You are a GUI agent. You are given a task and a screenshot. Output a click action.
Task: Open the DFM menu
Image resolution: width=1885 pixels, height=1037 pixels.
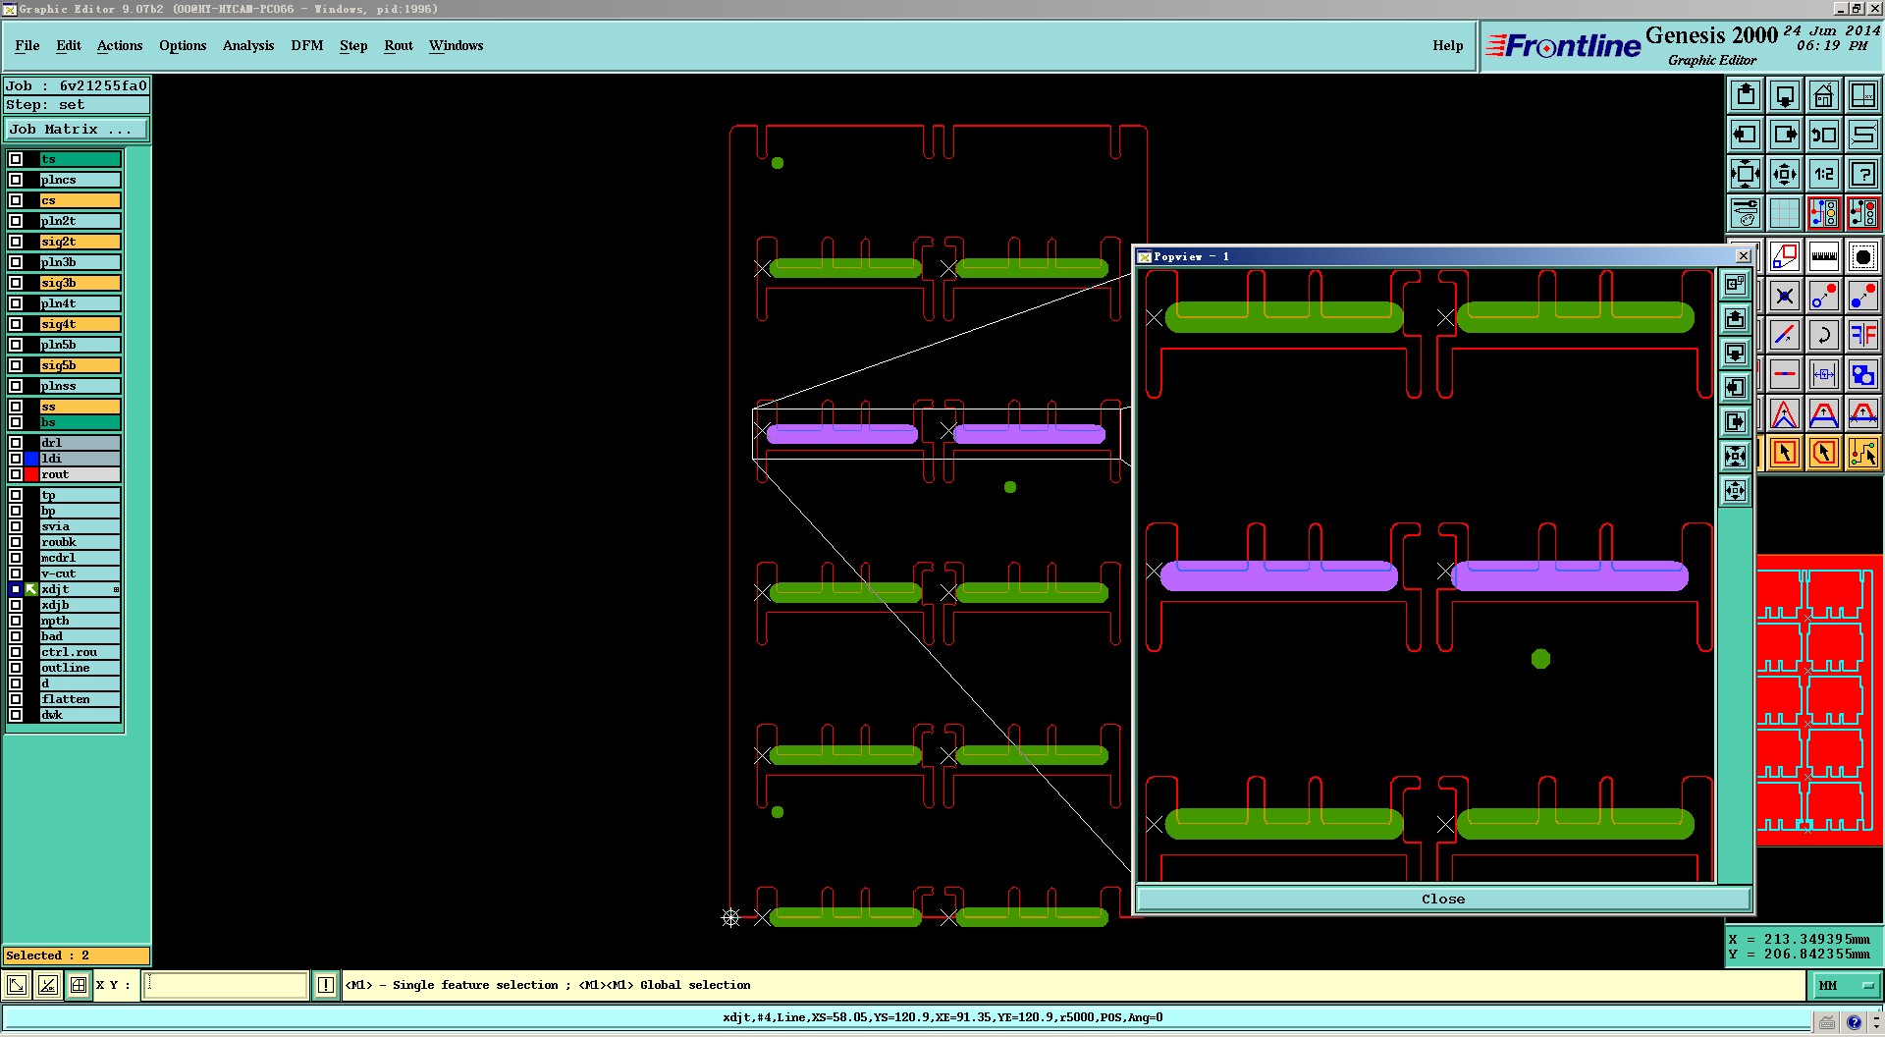pos(306,45)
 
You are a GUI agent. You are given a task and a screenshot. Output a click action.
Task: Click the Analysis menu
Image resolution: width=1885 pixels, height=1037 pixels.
pos(247,45)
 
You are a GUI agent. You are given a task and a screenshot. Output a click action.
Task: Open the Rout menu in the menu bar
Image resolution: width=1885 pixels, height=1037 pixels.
pos(398,45)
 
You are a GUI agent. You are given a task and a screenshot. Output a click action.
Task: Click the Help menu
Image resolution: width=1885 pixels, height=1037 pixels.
pos(1447,45)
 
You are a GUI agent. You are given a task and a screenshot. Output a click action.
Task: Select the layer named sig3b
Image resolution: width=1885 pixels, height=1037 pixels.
pos(80,283)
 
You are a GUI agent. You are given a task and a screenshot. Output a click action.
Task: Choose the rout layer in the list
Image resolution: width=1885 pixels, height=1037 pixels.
pos(80,474)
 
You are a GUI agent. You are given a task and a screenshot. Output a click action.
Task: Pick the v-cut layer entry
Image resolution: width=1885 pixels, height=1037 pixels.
pos(80,573)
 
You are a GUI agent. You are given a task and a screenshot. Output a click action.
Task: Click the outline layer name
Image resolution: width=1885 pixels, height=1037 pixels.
pos(80,668)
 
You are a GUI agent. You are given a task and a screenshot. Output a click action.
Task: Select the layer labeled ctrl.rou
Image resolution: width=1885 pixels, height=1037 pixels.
pos(80,652)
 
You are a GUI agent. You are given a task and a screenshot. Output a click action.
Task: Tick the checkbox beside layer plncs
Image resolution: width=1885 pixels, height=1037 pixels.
pos(16,180)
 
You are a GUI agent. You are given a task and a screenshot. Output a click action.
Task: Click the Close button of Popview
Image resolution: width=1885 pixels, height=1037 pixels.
pos(1442,899)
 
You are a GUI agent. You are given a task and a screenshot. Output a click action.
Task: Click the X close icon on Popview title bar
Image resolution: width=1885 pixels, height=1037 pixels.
pos(1744,256)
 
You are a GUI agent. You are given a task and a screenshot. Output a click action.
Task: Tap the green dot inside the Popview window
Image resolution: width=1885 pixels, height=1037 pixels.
pos(1540,659)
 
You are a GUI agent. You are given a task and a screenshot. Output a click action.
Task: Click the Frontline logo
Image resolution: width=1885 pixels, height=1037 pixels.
pos(1563,46)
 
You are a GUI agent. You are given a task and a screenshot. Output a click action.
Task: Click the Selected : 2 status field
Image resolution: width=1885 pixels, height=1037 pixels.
pos(77,955)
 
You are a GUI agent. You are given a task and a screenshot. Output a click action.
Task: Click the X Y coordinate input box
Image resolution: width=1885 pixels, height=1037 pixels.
pos(226,985)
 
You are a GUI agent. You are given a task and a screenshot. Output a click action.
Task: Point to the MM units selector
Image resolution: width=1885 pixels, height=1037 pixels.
pos(1845,985)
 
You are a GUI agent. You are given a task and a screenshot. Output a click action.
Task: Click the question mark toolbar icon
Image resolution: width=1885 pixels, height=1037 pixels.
pos(1862,175)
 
